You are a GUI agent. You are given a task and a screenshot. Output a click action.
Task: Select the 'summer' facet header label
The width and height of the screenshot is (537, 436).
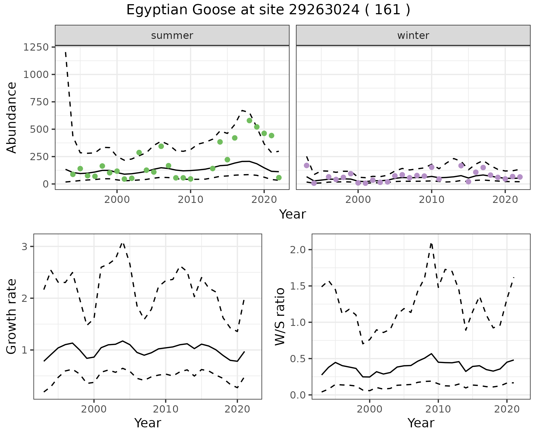point(172,35)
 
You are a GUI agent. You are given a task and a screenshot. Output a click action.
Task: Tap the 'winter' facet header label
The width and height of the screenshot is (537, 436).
point(413,35)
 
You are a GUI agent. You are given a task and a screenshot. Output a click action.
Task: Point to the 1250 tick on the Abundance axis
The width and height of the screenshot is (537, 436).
point(36,47)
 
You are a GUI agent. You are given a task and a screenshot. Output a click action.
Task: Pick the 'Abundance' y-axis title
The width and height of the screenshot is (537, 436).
point(12,117)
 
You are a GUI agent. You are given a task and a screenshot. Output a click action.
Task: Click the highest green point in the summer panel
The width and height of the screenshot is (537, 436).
point(249,120)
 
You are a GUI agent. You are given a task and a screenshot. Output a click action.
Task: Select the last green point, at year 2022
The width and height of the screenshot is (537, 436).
point(279,177)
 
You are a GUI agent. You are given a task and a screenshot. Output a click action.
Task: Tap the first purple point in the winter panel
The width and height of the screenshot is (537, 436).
point(307,165)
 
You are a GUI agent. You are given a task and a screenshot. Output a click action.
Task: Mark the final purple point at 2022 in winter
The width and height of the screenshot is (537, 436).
point(520,177)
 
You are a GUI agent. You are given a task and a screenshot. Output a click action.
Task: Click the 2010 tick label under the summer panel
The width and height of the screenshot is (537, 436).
point(190,200)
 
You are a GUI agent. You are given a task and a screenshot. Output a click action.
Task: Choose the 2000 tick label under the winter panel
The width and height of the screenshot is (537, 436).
point(358,200)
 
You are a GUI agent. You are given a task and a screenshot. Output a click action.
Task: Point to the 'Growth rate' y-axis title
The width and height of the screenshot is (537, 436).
point(12,317)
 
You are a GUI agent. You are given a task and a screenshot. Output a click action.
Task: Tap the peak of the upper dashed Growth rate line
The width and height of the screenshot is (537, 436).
point(123,243)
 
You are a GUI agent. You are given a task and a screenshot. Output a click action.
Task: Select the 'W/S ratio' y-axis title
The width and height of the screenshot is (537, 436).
point(280,317)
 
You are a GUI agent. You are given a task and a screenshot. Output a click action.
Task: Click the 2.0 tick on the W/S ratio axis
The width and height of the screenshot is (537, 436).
point(298,250)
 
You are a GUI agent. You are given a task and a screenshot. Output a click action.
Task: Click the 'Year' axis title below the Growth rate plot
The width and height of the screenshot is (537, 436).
point(148,423)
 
